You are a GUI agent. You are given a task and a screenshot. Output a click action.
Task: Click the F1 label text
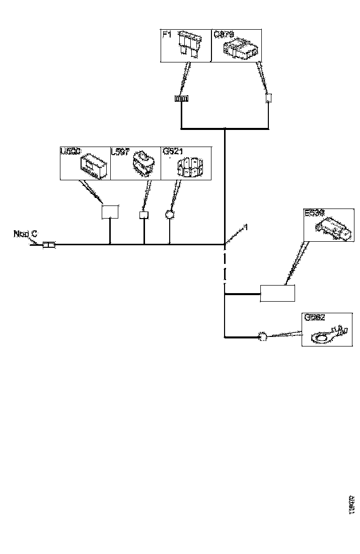[167, 35]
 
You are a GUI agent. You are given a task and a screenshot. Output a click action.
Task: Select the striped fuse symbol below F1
[181, 99]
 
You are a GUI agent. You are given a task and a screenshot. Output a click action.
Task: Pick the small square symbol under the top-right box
[268, 98]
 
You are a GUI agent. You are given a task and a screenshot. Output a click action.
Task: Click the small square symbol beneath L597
[144, 215]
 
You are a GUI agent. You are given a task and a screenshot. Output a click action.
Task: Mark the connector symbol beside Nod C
[49, 245]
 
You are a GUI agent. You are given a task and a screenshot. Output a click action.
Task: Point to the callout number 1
[246, 228]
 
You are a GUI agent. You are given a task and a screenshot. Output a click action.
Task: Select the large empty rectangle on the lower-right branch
[277, 293]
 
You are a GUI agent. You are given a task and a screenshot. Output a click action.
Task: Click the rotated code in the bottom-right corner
[352, 505]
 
